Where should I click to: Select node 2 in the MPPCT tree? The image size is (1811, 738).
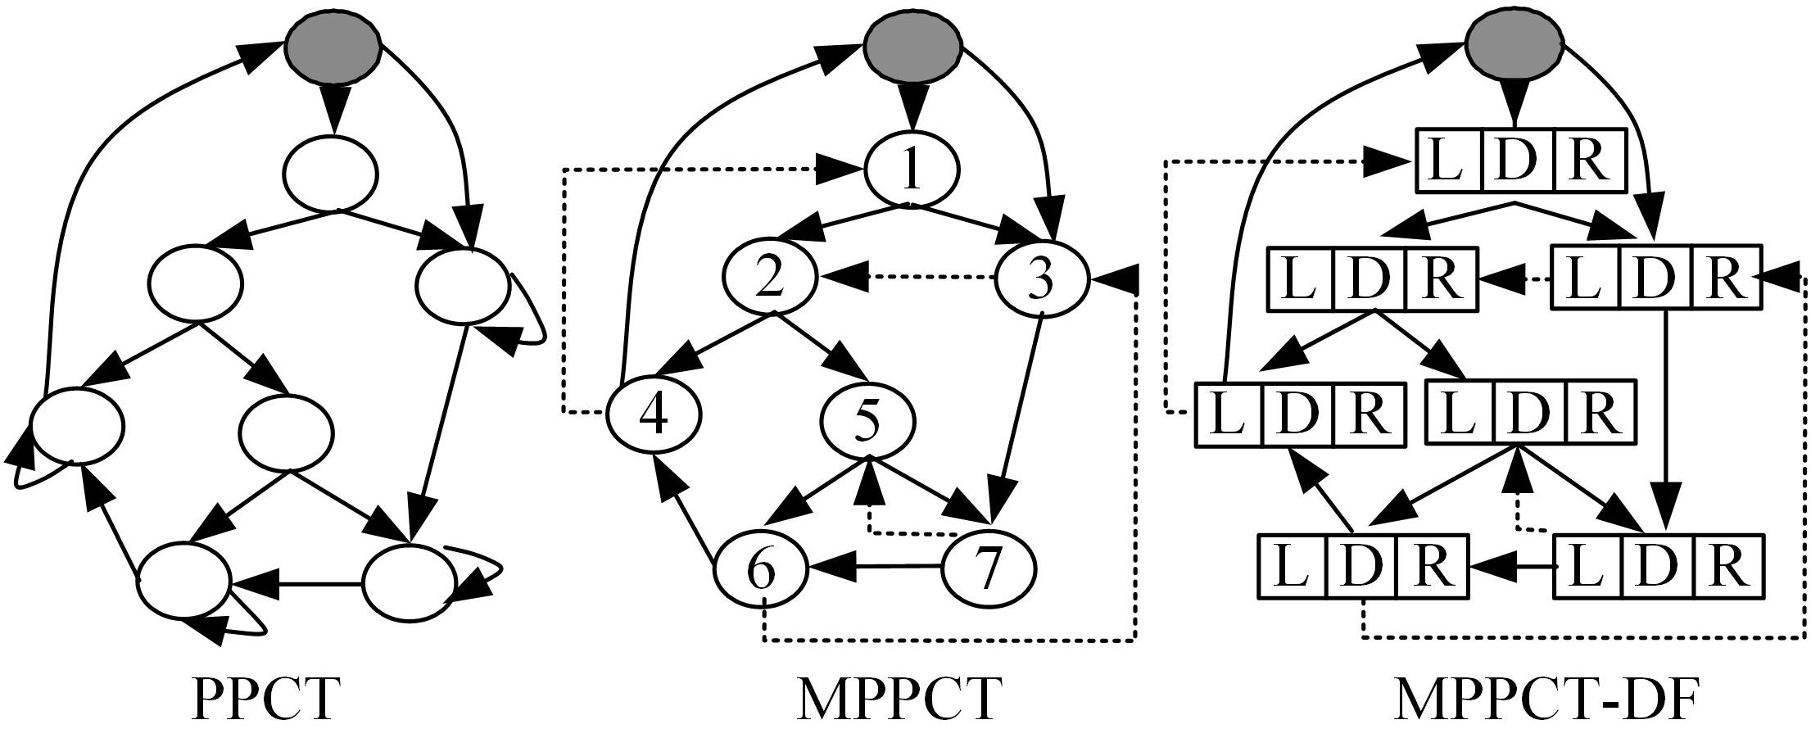(770, 278)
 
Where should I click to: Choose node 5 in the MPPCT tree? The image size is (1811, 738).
(868, 420)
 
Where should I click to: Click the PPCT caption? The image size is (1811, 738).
(265, 698)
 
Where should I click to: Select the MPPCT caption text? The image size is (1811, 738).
(899, 698)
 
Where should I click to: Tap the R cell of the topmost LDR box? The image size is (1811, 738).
(1587, 161)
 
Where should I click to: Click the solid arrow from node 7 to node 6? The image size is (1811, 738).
(876, 566)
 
